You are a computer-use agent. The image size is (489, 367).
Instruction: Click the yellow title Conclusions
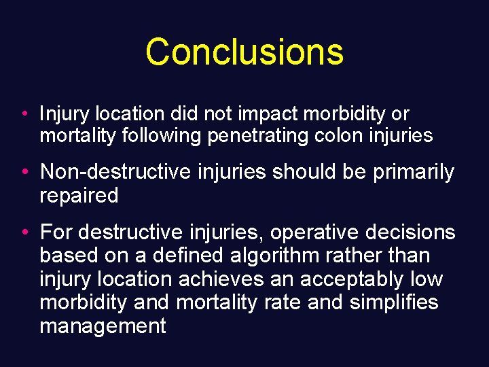coord(244,52)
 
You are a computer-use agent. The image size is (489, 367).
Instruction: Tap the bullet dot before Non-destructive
coord(24,173)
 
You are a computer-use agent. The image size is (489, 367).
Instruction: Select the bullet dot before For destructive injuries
coord(24,232)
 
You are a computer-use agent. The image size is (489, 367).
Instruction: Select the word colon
coord(339,136)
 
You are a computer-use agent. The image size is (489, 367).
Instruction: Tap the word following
coord(161,136)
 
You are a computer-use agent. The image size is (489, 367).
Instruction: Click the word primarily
coord(413,173)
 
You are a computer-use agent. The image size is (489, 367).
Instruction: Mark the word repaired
coord(79,196)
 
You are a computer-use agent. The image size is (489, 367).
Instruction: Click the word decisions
coord(414,233)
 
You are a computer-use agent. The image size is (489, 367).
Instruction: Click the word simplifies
coord(394,302)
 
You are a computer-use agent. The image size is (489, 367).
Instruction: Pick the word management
coord(103,326)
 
